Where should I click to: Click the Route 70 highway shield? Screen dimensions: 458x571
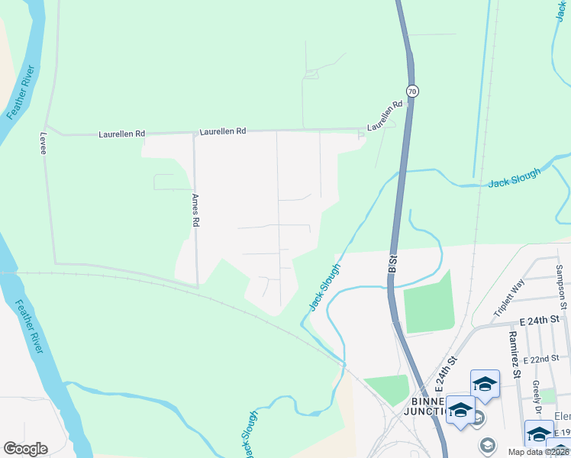(412, 91)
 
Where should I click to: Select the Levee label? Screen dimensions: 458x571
(44, 143)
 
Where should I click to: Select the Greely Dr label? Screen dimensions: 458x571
(537, 397)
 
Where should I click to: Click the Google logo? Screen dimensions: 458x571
(25, 449)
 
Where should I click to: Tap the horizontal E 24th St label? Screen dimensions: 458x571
(539, 318)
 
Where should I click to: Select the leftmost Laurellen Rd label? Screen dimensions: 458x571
(121, 134)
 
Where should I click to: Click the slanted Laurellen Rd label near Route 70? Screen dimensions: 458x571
(384, 116)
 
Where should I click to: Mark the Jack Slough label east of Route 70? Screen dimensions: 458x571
(514, 178)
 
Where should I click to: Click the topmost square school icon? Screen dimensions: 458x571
(485, 384)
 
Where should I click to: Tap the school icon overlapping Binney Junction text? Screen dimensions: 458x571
(460, 409)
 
